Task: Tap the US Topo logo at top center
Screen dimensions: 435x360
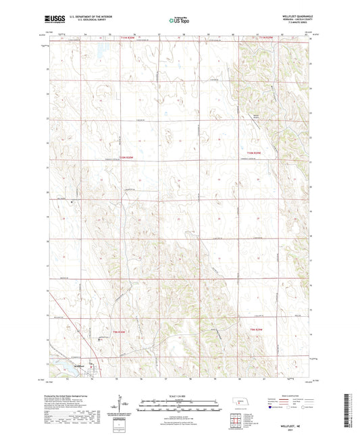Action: (x=176, y=21)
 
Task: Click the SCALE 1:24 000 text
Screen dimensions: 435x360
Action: (x=179, y=395)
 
